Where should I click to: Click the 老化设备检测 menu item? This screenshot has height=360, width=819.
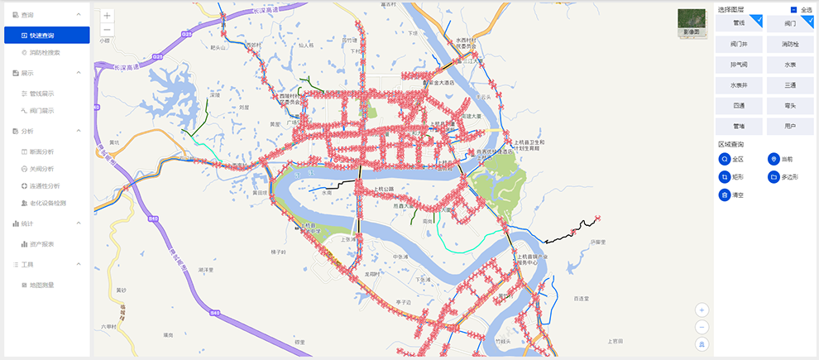50,203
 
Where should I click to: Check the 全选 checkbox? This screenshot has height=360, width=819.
794,10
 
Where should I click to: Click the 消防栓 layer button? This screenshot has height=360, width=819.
790,43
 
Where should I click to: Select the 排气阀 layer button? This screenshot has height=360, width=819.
739,64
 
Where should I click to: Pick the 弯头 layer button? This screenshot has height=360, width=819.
790,105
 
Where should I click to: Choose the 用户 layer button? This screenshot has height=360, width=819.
790,126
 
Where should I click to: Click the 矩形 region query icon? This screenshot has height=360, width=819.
725,177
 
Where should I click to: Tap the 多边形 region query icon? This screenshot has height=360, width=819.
774,177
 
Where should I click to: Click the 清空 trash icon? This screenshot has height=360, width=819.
725,195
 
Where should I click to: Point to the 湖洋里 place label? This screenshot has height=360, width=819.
206,270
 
